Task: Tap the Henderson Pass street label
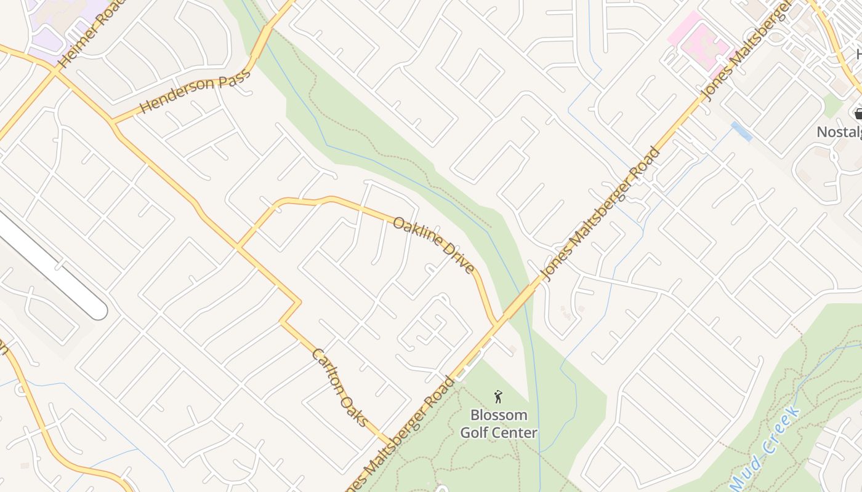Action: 195,90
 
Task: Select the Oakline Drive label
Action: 433,244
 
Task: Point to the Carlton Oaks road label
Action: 340,387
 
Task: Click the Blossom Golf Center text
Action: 499,424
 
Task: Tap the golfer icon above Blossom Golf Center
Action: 499,397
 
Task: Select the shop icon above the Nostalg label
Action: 858,113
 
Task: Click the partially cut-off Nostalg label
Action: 839,132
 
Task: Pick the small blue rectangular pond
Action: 741,131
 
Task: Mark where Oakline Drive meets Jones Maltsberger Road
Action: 496,322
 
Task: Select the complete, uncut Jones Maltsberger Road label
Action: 600,214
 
